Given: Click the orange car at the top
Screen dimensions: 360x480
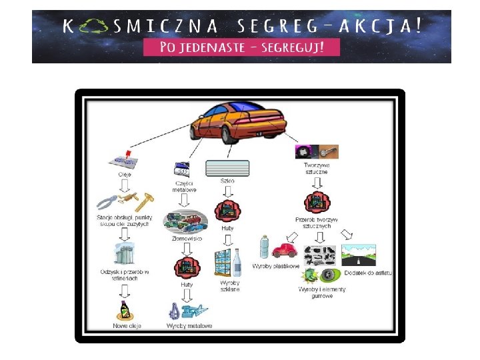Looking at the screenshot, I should pyautogui.click(x=238, y=122).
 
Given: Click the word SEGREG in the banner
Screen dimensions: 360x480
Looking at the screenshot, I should pyautogui.click(x=280, y=27).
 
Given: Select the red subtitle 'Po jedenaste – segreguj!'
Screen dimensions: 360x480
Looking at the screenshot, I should pyautogui.click(x=241, y=47).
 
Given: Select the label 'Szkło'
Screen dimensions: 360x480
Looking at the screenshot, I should pyautogui.click(x=227, y=181).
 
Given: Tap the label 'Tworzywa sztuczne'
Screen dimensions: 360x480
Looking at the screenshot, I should pyautogui.click(x=317, y=168).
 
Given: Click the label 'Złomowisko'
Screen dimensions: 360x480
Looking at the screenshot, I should pyautogui.click(x=187, y=238).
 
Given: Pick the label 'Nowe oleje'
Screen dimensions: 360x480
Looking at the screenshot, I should pyautogui.click(x=127, y=325).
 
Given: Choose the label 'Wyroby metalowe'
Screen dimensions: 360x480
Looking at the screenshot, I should pyautogui.click(x=189, y=325).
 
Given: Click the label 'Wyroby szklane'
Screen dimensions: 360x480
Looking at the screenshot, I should pyautogui.click(x=229, y=286).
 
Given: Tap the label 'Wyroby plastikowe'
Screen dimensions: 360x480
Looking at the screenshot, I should pyautogui.click(x=275, y=266).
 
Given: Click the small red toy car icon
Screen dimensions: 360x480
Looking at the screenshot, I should pyautogui.click(x=286, y=251).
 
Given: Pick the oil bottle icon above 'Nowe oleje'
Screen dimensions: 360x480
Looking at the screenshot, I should pyautogui.click(x=124, y=309).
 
